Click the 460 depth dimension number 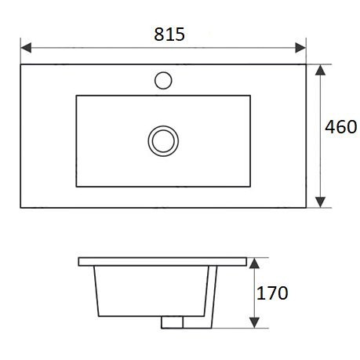341,127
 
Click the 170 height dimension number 273,293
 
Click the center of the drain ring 163,140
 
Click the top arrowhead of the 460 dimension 320,70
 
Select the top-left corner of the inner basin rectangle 76,96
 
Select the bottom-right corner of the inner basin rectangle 251,187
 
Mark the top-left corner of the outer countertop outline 20,64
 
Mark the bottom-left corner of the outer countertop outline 20,208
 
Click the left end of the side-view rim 78,260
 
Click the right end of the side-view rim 248,260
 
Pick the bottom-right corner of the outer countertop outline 306,208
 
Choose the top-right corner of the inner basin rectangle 251,96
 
